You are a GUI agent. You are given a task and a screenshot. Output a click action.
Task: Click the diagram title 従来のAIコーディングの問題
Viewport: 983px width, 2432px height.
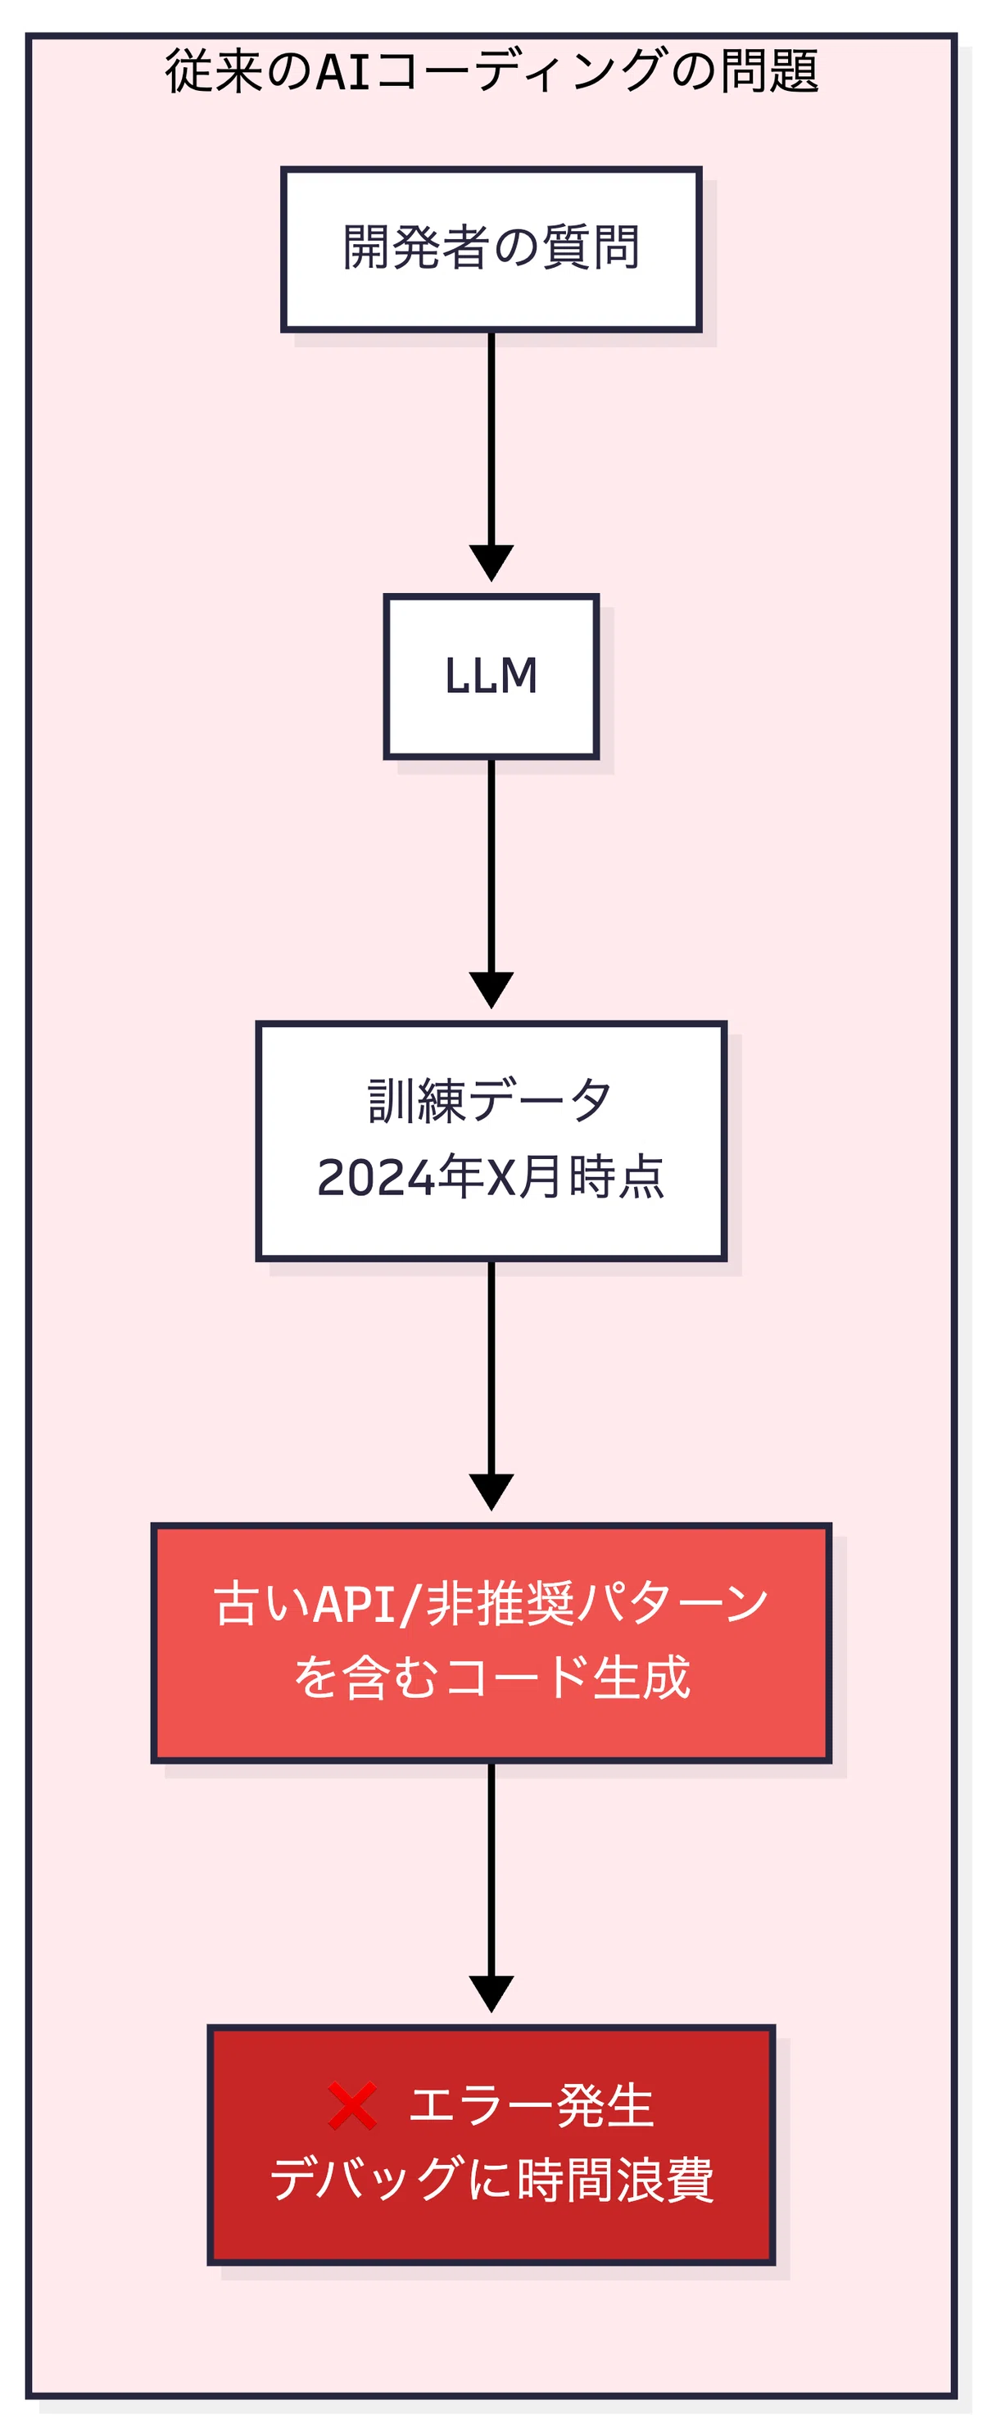491,70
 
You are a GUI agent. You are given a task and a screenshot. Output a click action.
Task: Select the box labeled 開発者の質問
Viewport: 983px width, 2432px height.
491,249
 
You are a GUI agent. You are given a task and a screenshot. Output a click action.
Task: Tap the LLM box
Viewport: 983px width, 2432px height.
491,676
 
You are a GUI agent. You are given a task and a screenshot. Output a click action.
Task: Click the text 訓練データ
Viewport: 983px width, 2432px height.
490,1100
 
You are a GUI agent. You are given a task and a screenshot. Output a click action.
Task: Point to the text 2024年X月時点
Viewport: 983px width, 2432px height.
491,1176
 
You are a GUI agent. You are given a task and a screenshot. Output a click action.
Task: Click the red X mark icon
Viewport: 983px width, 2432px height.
352,2106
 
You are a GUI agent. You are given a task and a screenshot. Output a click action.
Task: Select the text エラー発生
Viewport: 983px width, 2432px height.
531,2106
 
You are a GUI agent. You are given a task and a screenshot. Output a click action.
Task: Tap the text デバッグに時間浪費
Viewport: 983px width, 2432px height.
491,2180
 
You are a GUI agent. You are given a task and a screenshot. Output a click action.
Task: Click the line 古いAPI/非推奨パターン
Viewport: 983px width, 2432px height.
491,1603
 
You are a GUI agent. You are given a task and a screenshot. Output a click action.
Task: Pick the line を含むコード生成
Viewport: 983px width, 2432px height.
491,1678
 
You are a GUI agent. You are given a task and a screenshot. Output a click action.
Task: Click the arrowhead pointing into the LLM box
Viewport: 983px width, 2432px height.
491,563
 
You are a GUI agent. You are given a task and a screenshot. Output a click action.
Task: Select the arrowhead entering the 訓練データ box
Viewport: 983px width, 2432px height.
491,990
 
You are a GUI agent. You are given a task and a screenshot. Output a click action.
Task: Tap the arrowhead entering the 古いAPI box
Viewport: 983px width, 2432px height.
491,1492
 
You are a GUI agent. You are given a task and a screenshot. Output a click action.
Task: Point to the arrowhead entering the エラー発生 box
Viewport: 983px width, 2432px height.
491,1994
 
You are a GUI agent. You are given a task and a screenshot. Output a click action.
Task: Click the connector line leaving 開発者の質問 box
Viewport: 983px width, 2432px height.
491,439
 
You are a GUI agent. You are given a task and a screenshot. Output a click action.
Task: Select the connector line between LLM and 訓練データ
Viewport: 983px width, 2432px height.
491,866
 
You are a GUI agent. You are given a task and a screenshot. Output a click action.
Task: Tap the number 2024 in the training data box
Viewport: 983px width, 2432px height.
376,1177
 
